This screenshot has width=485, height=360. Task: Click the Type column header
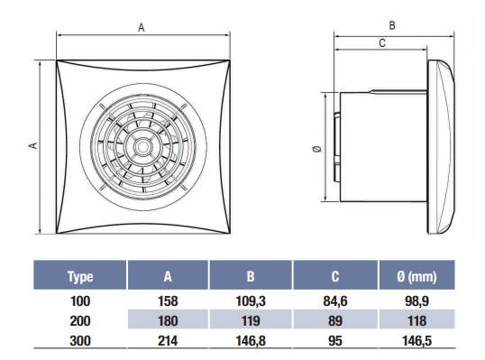[x=80, y=276]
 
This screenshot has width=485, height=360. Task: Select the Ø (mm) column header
[x=416, y=276]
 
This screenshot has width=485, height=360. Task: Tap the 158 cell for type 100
[x=168, y=301]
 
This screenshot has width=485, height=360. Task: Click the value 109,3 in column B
[x=251, y=301]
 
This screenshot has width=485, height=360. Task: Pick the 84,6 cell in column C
[x=335, y=301]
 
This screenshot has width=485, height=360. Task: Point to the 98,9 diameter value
[x=416, y=301]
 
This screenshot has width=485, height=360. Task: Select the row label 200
[x=80, y=320]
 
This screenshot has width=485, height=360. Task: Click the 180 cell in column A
[x=168, y=320]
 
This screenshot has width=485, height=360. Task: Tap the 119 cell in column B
[x=251, y=320]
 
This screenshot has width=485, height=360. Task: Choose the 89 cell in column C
[x=335, y=320]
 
